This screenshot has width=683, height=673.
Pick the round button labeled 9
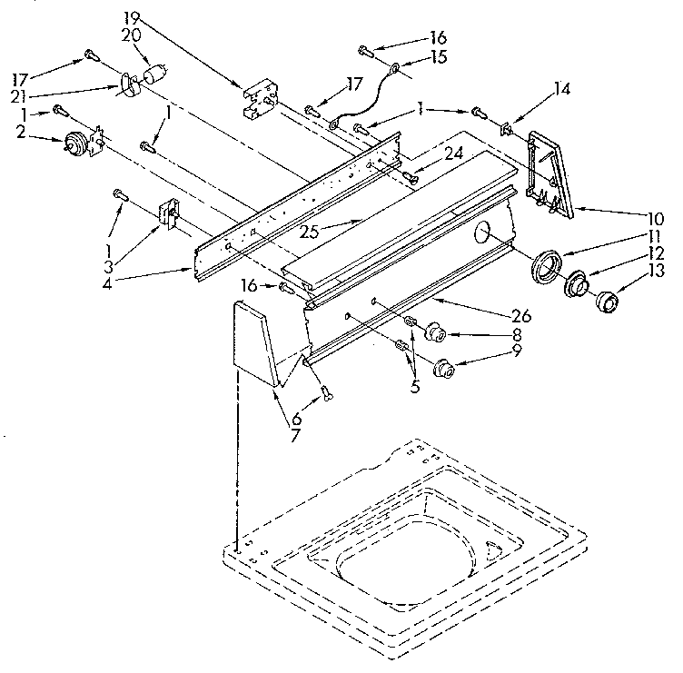(444, 368)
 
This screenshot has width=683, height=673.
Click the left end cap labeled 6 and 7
(254, 344)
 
